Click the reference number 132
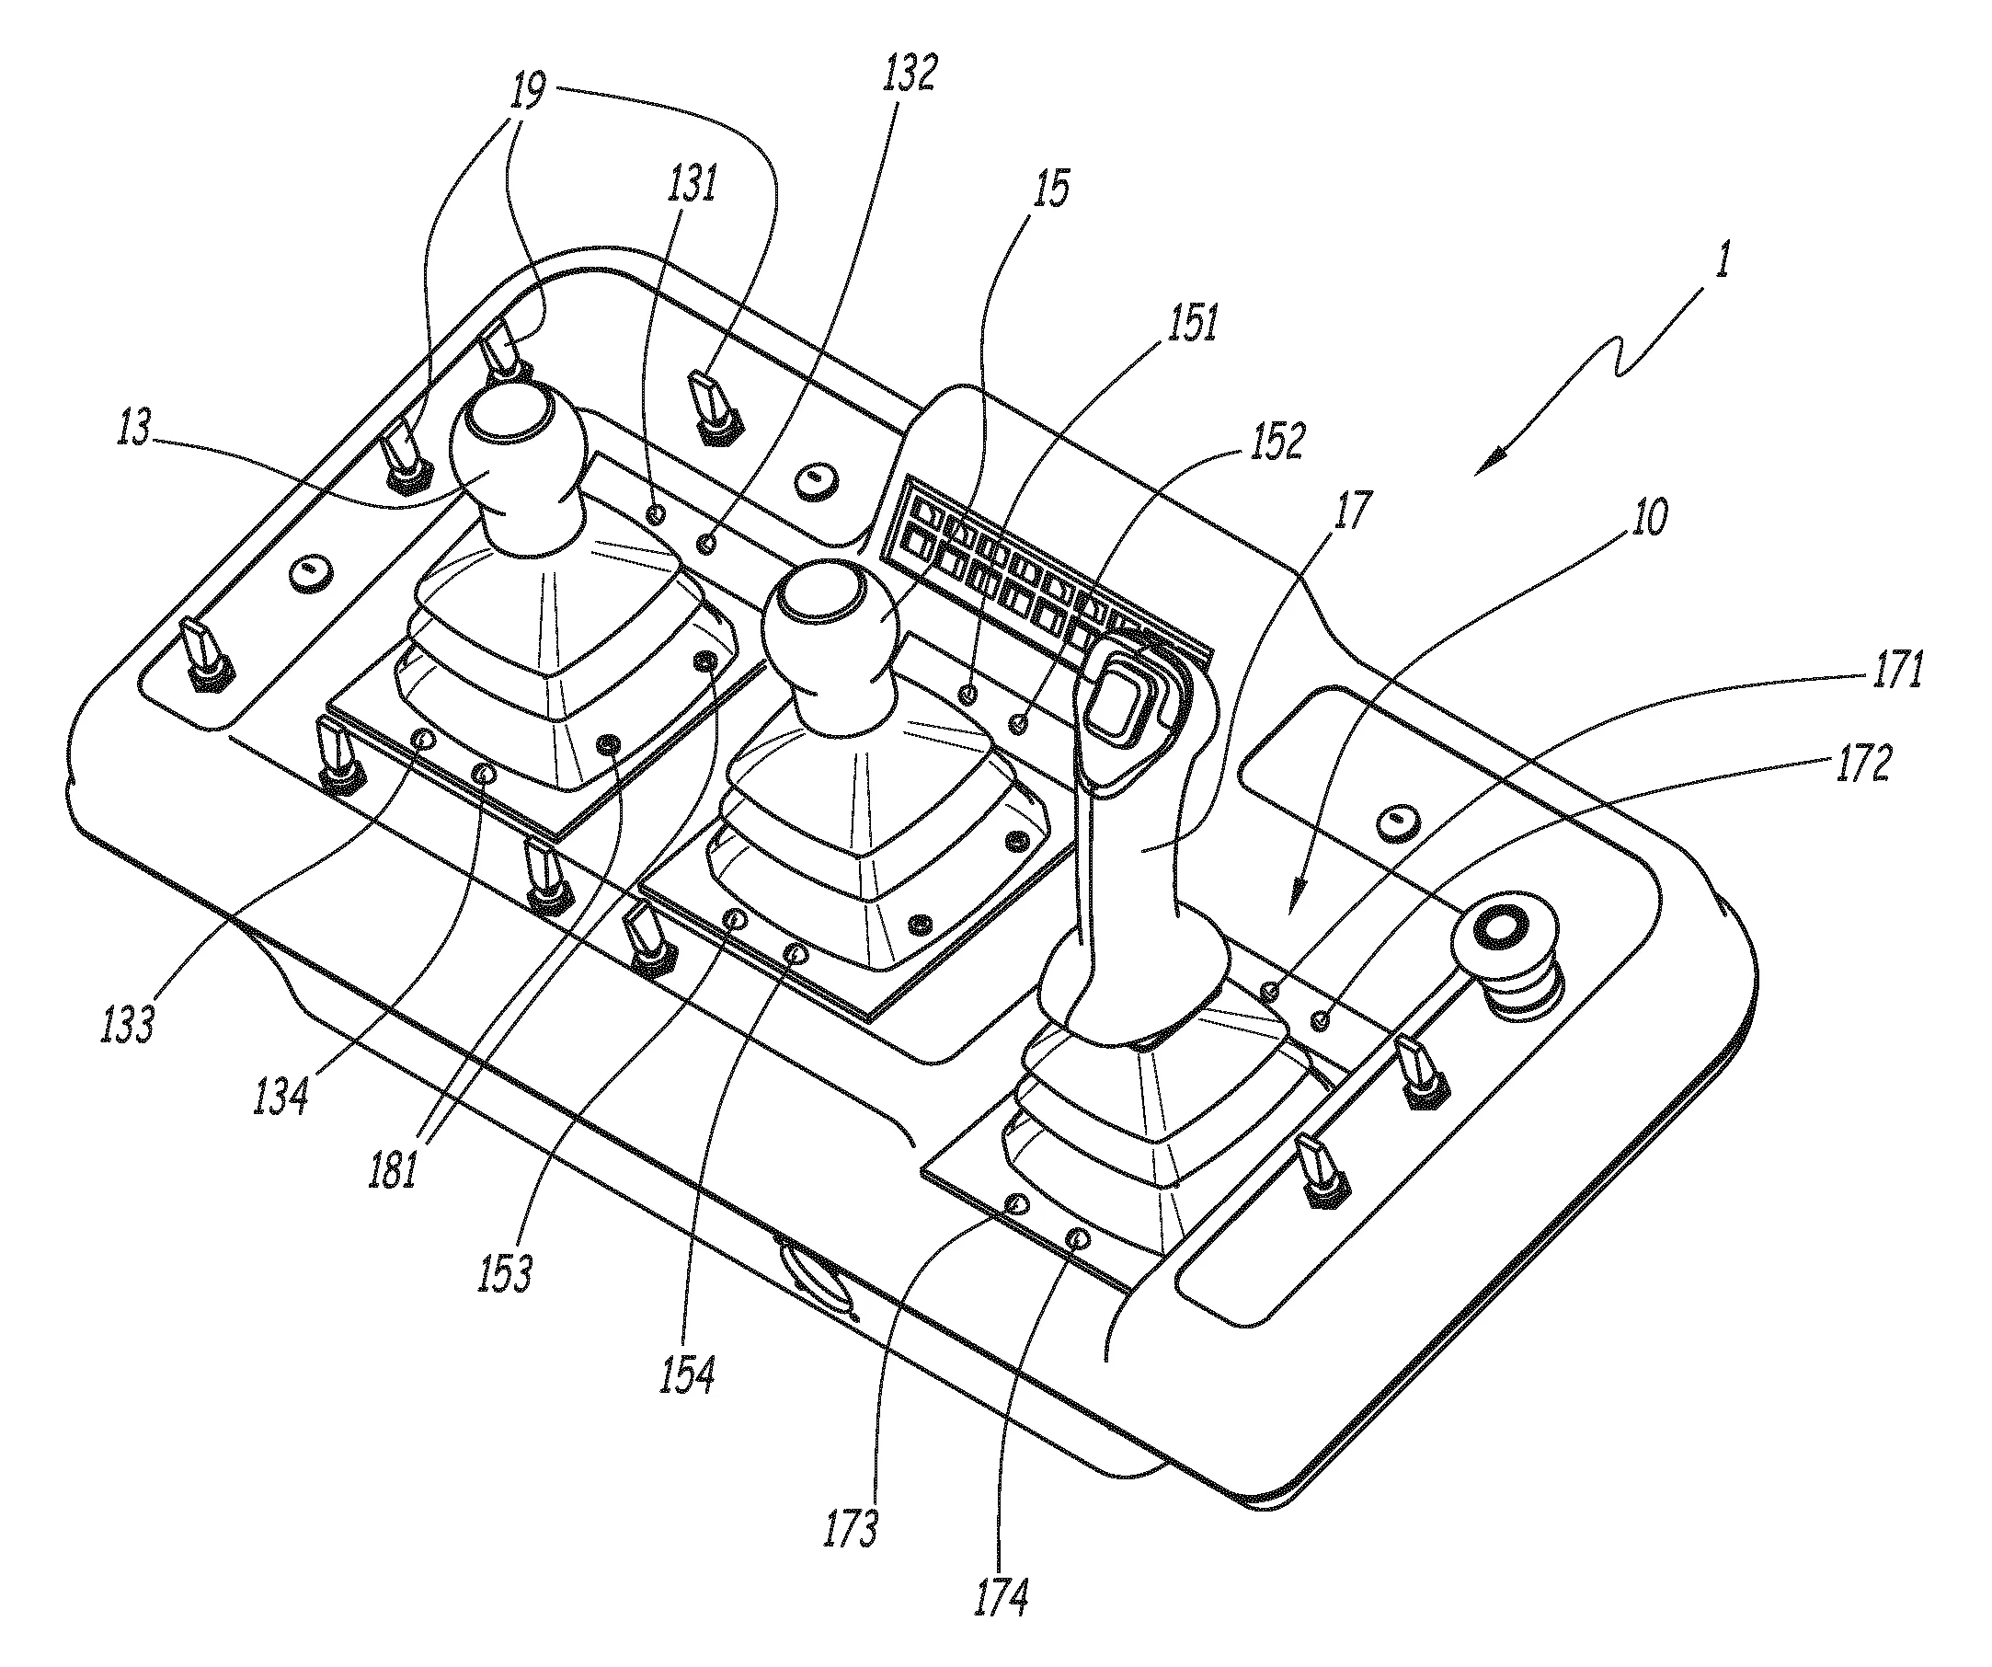909,73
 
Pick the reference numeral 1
1723,259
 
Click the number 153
505,1271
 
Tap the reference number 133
126,1024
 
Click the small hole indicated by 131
655,513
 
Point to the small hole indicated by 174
1078,1238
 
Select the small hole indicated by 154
796,951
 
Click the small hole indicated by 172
1320,1021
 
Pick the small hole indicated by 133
423,738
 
